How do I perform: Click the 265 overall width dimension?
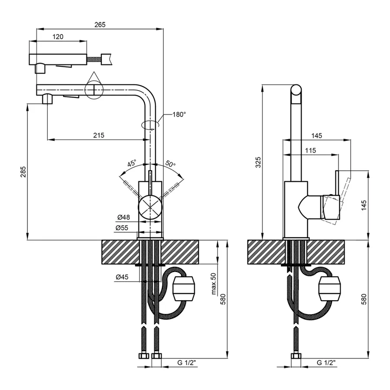100,25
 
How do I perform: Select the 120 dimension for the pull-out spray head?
58,37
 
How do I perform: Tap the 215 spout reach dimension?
99,135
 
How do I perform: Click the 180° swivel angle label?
179,115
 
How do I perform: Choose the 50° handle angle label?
170,164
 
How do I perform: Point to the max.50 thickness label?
213,284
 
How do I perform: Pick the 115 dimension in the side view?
310,150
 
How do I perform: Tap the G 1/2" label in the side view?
326,362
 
